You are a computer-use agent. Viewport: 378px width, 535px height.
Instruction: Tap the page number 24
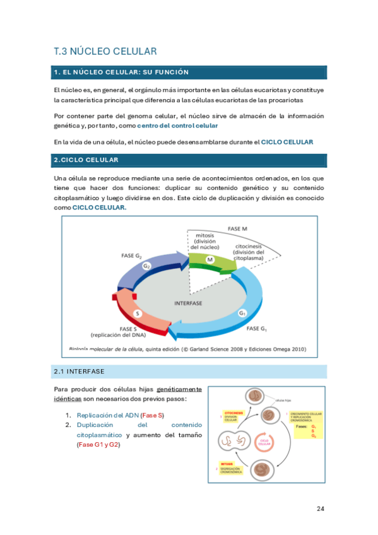tap(320, 509)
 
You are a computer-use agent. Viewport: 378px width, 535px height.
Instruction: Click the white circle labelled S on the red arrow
tap(138, 314)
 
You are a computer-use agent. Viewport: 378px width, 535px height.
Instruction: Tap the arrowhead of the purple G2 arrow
tap(183, 258)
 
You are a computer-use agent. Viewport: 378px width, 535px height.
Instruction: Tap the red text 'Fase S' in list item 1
tap(152, 415)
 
